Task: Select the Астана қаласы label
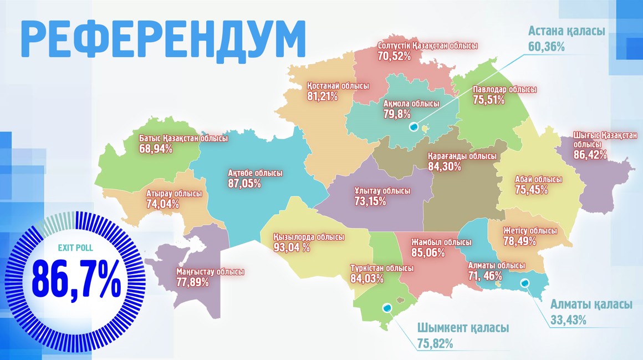pos(566,31)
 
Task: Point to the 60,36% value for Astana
pos(546,47)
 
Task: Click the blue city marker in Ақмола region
pos(414,127)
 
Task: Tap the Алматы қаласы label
pos(591,305)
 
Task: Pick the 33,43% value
pos(568,320)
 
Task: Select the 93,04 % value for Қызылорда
pos(292,247)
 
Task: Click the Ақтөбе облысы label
pos(255,173)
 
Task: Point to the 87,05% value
pos(244,184)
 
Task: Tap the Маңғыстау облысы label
pos(210,272)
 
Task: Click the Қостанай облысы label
pos(338,86)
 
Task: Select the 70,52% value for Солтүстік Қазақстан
pos(394,56)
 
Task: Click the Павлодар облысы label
pos(504,89)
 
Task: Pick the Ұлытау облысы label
pos(382,191)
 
